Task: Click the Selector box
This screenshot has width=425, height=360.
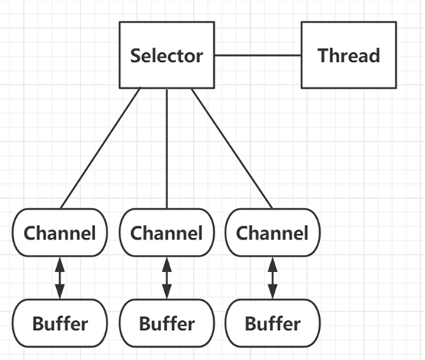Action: click(167, 55)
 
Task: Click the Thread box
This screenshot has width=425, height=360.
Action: click(349, 55)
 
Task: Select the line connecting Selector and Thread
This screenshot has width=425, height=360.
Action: click(258, 55)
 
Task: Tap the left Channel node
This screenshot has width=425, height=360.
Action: click(60, 233)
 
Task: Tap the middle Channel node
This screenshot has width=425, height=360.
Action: click(167, 233)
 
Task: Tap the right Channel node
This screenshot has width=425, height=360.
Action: click(272, 233)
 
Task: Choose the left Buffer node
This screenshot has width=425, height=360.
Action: click(60, 323)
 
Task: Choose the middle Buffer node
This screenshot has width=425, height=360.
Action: click(167, 323)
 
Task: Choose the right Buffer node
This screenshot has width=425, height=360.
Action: click(272, 323)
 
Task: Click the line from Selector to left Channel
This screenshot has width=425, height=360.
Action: click(100, 148)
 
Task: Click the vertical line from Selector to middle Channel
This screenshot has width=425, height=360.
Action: click(166, 149)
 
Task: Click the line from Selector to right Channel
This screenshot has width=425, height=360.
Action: click(232, 149)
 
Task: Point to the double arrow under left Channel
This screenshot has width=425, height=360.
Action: click(60, 278)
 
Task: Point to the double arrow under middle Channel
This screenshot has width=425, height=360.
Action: click(167, 278)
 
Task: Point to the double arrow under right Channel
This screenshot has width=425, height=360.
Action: click(272, 278)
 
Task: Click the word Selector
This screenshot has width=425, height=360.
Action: click(166, 55)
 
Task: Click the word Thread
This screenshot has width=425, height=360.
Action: click(349, 55)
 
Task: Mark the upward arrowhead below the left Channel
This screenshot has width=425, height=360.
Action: click(60, 264)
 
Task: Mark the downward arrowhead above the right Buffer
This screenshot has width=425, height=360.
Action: click(272, 292)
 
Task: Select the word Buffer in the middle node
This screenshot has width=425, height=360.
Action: click(167, 323)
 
